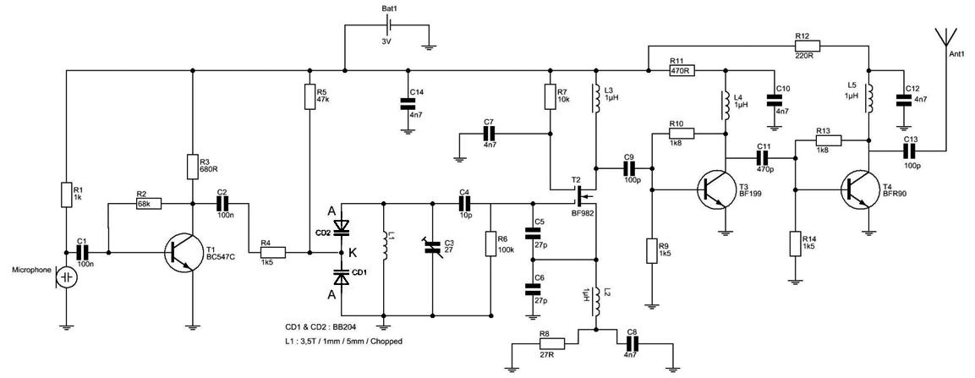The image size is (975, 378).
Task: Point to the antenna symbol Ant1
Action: pos(945,37)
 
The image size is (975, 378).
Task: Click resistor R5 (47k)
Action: pos(309,97)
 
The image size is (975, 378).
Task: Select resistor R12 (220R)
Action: pos(808,46)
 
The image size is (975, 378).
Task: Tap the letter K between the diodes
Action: pos(353,251)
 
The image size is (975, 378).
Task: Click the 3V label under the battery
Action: pos(386,41)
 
